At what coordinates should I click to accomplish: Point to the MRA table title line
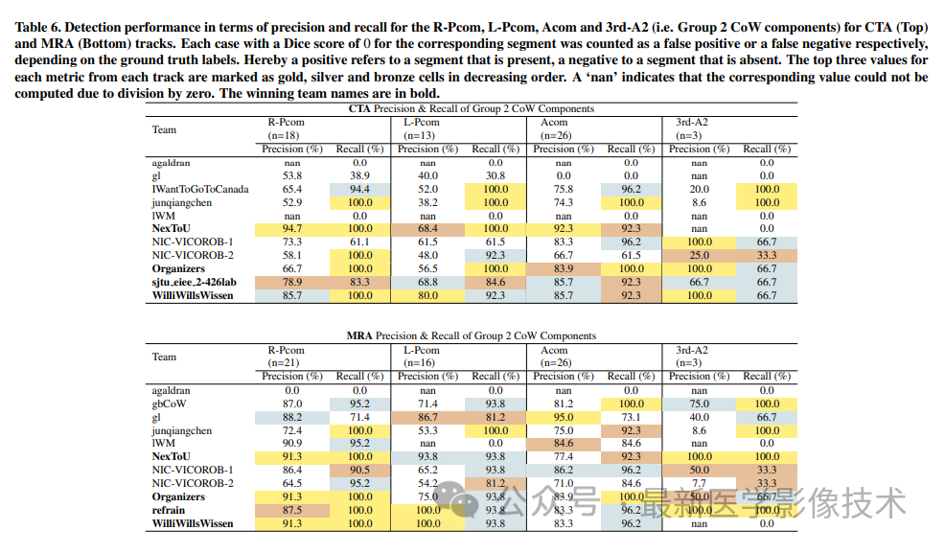point(471,336)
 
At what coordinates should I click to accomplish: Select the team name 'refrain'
point(169,511)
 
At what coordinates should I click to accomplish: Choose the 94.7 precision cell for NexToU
point(292,230)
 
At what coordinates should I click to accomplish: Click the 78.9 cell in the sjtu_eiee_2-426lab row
point(292,283)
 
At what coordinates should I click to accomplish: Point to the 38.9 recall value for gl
point(359,176)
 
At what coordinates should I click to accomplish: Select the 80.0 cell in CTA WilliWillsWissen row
point(428,296)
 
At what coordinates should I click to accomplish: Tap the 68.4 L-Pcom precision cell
point(428,230)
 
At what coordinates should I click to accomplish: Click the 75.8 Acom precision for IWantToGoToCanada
point(564,190)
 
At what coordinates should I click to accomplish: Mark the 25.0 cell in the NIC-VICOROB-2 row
point(700,256)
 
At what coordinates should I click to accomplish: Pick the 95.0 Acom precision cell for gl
point(564,418)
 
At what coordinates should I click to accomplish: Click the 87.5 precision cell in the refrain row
point(292,511)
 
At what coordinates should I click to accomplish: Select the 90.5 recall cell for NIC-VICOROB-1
point(359,471)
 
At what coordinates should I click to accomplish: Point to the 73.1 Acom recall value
point(631,418)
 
